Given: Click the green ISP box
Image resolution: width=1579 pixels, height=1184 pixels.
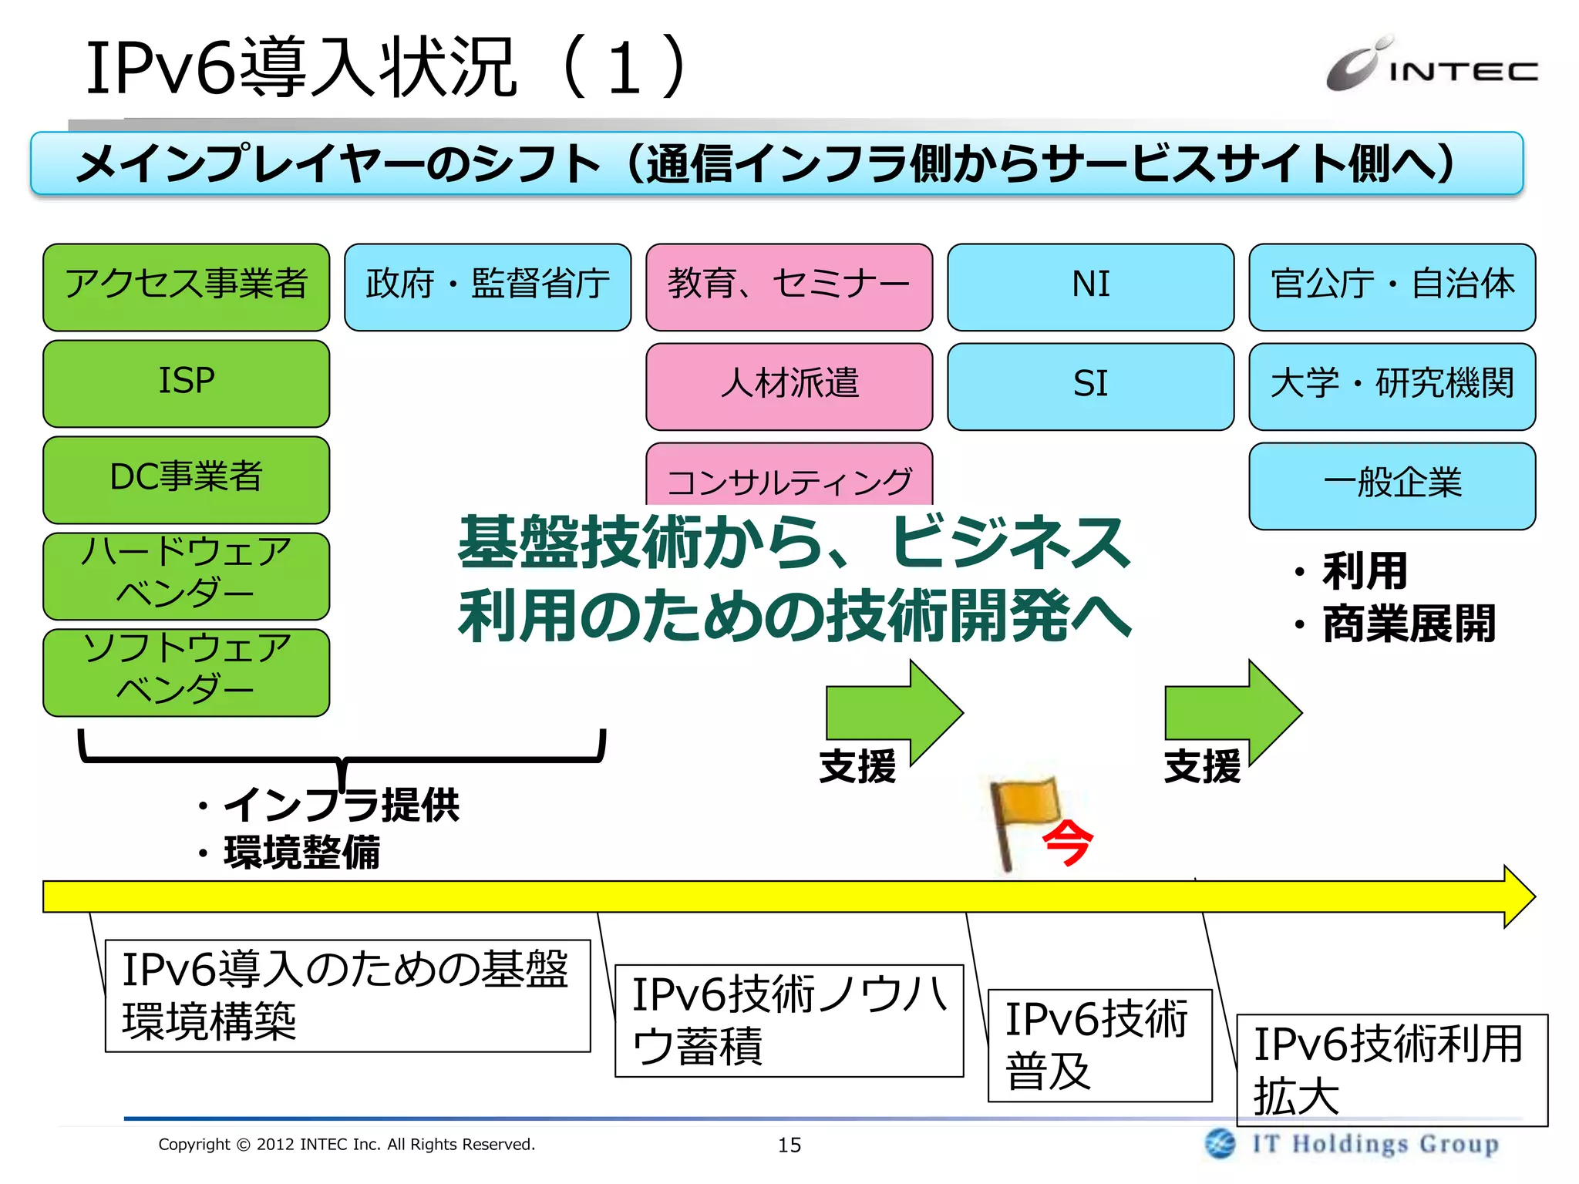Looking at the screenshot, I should tap(186, 383).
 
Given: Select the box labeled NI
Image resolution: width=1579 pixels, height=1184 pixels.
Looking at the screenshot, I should tap(1090, 287).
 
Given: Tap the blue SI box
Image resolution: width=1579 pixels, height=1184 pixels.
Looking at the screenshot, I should tap(1090, 386).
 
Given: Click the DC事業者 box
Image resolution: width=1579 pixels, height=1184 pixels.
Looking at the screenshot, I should tap(186, 479).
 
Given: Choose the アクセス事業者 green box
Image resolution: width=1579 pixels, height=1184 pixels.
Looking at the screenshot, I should tap(186, 287).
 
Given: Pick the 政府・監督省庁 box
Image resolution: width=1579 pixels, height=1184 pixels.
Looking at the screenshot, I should tap(487, 287).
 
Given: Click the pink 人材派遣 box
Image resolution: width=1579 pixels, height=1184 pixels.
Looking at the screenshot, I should tap(789, 386).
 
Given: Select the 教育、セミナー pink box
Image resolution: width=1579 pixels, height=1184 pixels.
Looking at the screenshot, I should tap(789, 287).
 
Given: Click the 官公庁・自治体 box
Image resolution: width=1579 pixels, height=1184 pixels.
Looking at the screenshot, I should tap(1392, 287).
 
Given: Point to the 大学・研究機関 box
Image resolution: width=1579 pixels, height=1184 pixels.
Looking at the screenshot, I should tap(1392, 386).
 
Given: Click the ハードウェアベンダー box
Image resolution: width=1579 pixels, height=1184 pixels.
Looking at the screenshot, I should tap(186, 576).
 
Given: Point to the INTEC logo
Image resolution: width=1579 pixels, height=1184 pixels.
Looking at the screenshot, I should tap(1431, 66).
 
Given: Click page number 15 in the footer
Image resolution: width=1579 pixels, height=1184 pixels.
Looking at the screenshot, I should tap(789, 1145).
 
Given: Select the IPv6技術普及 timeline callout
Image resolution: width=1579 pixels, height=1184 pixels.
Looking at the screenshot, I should tap(1099, 1045).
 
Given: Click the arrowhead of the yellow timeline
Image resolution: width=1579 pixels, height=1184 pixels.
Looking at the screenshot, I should tap(1519, 896).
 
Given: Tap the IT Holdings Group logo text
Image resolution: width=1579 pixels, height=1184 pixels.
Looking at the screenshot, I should tap(1375, 1144).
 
